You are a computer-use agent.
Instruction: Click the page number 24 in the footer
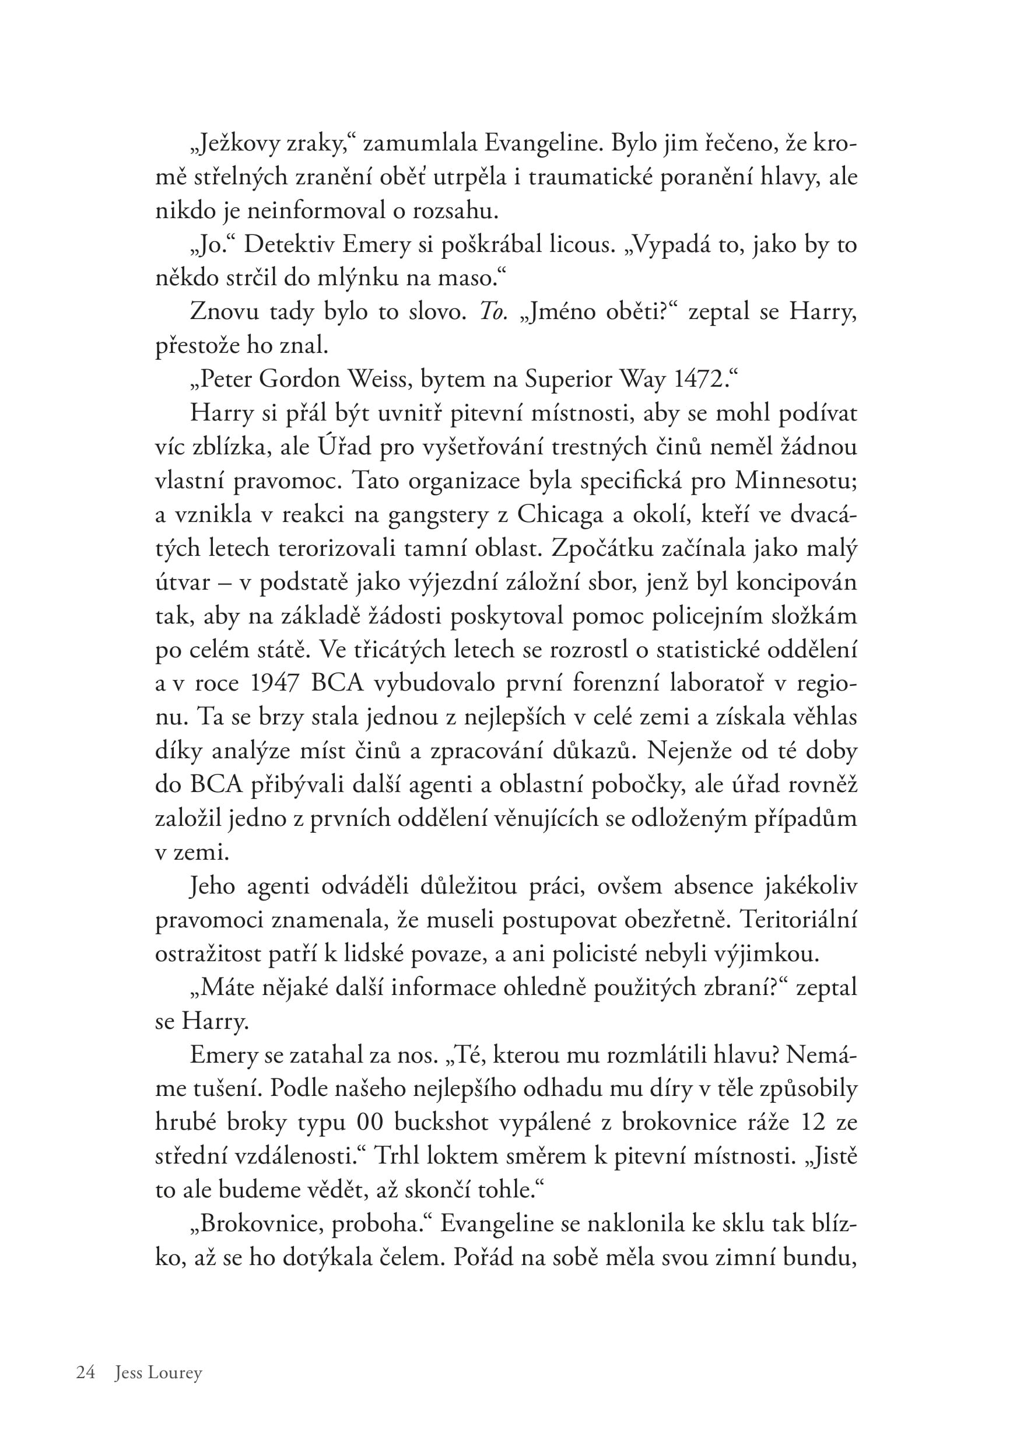pos(85,1372)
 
